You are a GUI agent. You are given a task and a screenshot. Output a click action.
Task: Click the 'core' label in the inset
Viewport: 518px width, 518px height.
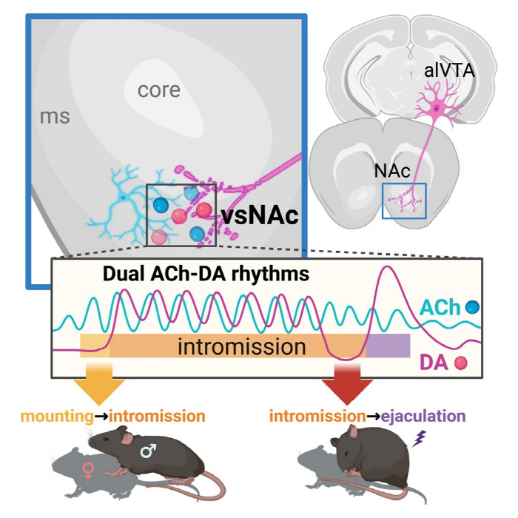click(158, 90)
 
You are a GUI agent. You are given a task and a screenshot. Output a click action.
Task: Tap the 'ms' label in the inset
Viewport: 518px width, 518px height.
click(55, 116)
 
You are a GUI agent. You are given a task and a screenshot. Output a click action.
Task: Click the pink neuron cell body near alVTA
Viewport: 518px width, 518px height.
click(437, 109)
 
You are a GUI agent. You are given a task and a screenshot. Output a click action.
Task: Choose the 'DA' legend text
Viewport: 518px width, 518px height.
click(435, 362)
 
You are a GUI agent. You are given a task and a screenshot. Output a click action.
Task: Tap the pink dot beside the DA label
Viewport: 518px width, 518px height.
click(461, 363)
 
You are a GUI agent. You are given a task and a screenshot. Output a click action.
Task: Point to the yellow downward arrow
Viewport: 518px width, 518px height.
click(103, 386)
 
